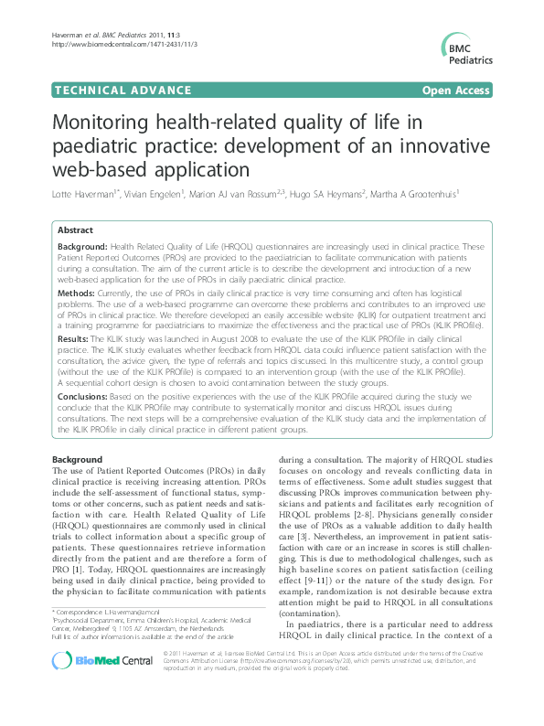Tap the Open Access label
click(x=454, y=91)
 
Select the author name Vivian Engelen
click(x=156, y=194)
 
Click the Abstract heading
click(x=75, y=231)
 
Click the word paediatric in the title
click(x=99, y=146)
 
